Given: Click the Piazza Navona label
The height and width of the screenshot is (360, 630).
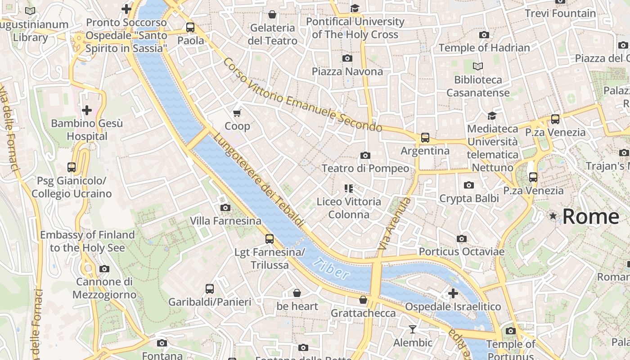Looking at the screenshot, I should pos(347,72).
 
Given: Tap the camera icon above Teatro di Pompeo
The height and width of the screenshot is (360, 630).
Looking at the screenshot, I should pos(365,155).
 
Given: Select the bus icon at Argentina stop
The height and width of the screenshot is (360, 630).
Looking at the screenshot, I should pos(425,138).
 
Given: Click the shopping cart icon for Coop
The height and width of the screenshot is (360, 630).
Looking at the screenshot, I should pos(237,113).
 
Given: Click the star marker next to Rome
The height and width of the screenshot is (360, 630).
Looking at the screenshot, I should pos(553,216).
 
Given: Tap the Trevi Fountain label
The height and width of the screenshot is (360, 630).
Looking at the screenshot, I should pos(560,13).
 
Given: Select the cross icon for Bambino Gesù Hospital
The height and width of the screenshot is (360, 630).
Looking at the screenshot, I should pos(87,110).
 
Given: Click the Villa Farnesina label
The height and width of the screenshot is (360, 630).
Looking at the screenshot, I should pos(225,221).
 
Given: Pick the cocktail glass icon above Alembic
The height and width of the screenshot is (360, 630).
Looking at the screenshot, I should pos(413,329).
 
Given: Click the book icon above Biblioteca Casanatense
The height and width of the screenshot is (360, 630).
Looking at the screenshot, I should pos(478,67).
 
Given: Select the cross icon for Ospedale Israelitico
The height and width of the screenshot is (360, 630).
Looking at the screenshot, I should pos(453,294).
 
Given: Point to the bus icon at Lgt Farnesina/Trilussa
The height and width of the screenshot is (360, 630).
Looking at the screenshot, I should pos(270,239).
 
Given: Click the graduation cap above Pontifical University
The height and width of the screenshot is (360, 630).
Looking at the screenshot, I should pos(355,9).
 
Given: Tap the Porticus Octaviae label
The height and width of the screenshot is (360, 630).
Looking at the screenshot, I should pos(461,252).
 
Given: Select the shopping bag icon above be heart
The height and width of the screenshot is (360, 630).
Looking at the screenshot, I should pos(297,293).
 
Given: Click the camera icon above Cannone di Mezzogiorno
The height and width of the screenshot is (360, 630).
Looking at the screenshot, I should pos(104,269).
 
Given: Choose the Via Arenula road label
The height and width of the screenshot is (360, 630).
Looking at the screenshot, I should pos(394,224).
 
